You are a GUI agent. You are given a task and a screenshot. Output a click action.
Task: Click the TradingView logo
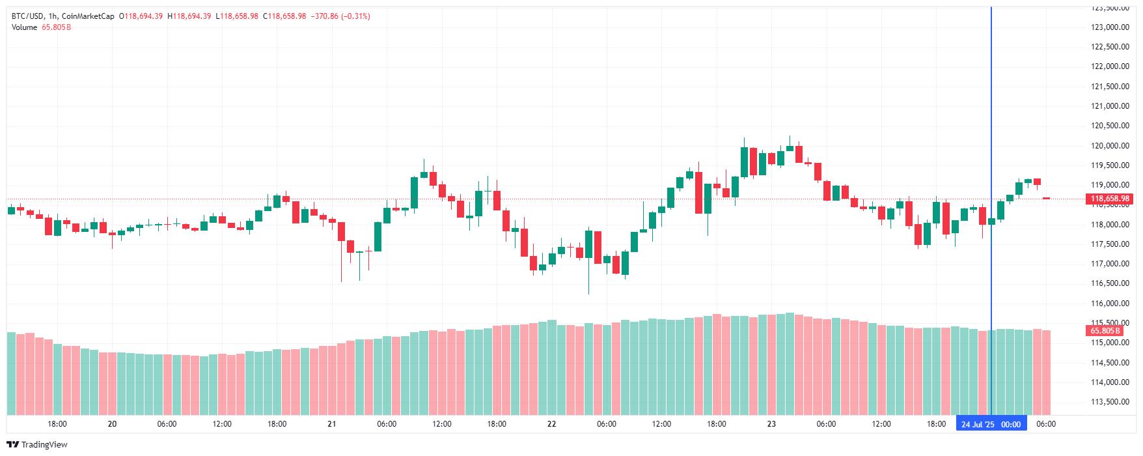click(x=37, y=444)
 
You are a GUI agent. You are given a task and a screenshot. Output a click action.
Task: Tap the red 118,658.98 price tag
click(x=1110, y=199)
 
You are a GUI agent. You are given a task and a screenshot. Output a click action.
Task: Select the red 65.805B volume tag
click(x=1105, y=331)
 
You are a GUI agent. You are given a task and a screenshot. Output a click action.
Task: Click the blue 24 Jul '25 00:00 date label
click(x=991, y=424)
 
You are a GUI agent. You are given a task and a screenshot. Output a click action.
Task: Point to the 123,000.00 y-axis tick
click(x=1110, y=27)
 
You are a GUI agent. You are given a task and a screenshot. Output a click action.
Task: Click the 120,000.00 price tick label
click(x=1110, y=146)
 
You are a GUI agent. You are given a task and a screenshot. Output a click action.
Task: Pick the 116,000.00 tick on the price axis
click(x=1110, y=304)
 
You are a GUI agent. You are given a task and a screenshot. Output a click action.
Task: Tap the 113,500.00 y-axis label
click(x=1110, y=402)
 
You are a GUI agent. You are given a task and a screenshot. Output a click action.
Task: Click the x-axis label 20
click(x=112, y=424)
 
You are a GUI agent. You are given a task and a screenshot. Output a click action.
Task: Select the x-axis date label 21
click(x=332, y=424)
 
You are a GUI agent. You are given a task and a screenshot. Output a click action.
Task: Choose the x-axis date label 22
click(x=552, y=424)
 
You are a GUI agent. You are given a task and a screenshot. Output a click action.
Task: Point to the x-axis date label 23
click(x=771, y=424)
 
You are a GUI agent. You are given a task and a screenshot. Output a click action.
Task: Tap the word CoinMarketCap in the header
click(x=88, y=16)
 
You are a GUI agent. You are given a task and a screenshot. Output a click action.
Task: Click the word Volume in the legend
click(x=24, y=27)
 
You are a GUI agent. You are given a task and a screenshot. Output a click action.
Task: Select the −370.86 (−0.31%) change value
click(x=340, y=16)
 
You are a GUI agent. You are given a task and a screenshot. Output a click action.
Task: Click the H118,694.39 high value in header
click(x=189, y=16)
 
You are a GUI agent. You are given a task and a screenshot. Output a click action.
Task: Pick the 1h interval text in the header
click(x=53, y=16)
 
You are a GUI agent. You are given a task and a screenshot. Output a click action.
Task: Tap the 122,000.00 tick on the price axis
click(x=1110, y=66)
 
